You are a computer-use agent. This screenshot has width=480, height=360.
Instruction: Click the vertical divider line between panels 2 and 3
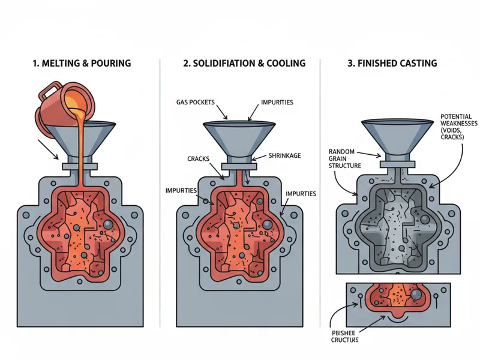click(x=320, y=180)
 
